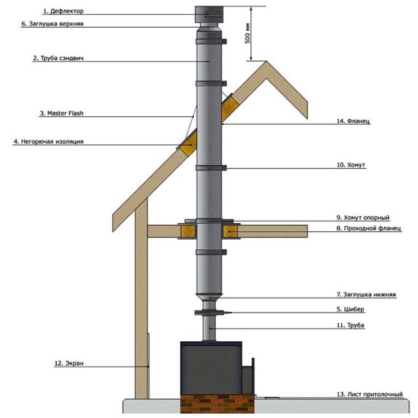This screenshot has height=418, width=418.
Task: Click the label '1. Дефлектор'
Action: click(x=63, y=11)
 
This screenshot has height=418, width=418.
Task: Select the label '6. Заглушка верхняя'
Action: click(x=52, y=24)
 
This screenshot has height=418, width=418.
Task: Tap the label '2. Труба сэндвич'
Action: click(x=58, y=58)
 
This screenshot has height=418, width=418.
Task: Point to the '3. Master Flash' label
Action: click(x=61, y=113)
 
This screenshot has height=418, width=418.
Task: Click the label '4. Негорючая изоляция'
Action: click(x=49, y=141)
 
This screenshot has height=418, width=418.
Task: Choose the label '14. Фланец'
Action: click(x=353, y=121)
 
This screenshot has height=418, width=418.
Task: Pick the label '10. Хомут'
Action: click(x=351, y=165)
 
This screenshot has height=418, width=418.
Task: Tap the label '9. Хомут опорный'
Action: click(x=363, y=218)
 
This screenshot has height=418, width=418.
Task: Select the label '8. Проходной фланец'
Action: click(x=369, y=228)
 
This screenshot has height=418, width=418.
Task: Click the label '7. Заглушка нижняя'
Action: click(x=366, y=294)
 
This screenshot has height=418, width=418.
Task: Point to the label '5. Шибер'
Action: click(x=350, y=309)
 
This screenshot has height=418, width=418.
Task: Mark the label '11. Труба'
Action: click(x=350, y=325)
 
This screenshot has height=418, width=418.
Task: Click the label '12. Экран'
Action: click(x=69, y=363)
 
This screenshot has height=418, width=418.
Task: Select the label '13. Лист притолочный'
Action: click(x=369, y=394)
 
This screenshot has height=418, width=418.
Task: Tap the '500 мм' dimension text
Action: click(x=248, y=34)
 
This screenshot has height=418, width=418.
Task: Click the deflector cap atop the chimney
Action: click(x=209, y=14)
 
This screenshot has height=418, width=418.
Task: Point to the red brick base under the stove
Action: click(x=218, y=404)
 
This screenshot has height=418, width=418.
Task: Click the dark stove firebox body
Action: click(x=211, y=368)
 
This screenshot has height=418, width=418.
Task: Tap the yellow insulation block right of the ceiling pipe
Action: click(x=231, y=231)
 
